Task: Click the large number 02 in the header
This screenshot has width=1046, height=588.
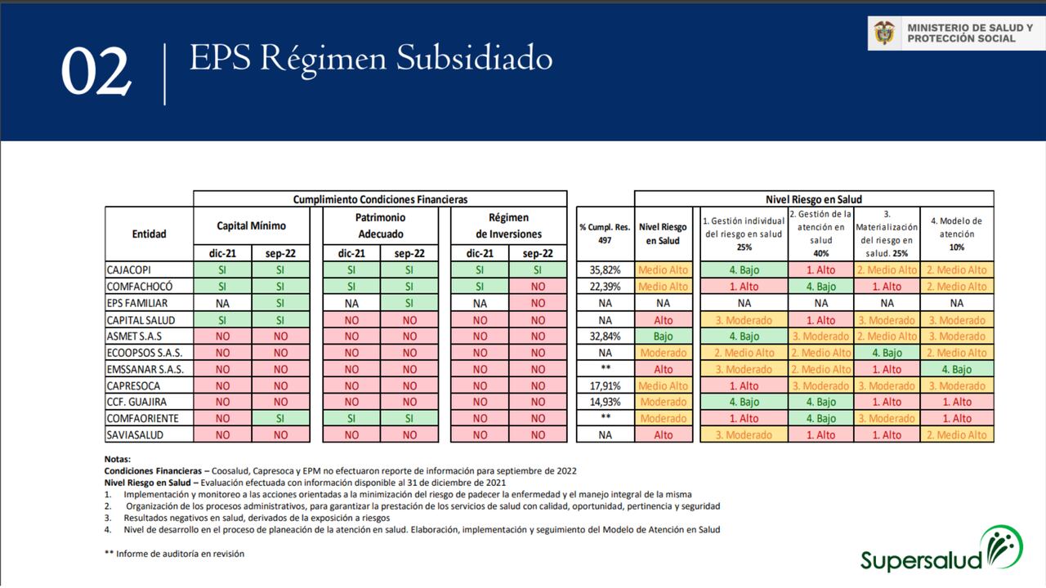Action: coord(96,73)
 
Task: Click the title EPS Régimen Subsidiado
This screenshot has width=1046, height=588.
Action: coord(370,58)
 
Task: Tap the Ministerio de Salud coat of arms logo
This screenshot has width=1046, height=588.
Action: coord(884,33)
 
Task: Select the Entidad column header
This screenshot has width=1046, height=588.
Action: coord(149,234)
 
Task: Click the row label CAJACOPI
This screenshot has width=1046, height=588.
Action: coord(129,269)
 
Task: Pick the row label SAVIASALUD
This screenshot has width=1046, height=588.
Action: coord(135,435)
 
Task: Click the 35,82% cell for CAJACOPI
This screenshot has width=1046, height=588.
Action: coord(605,269)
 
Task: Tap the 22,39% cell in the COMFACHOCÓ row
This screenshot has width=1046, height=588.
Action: coord(605,287)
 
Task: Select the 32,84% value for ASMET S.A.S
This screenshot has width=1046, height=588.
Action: coord(605,336)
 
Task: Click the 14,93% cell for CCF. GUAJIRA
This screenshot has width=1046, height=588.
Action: coord(605,402)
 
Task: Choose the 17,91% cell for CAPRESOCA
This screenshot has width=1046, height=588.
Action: coord(605,385)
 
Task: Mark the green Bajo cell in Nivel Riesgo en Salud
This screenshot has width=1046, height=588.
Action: coord(663,336)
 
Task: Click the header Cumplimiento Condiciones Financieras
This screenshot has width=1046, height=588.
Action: coord(380,199)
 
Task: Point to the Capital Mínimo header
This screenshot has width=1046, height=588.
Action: coord(251,225)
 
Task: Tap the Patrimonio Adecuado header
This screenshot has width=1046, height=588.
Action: coord(380,225)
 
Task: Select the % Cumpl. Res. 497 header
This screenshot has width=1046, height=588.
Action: coord(605,234)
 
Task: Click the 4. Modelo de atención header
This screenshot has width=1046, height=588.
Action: coord(956,234)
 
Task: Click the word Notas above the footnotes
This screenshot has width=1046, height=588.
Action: coord(118,460)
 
